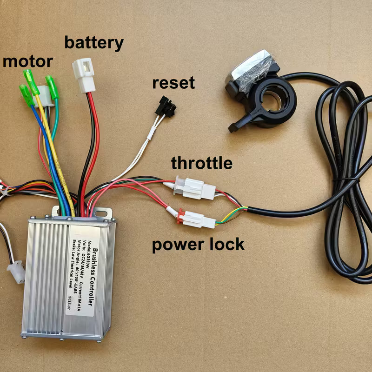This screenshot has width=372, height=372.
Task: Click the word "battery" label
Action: pyautogui.click(x=94, y=43)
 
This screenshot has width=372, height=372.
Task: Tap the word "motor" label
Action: pyautogui.click(x=28, y=61)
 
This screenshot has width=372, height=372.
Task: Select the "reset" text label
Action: pyautogui.click(x=173, y=84)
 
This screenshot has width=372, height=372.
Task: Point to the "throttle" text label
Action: pyautogui.click(x=201, y=163)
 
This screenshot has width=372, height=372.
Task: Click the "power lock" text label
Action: pyautogui.click(x=198, y=244)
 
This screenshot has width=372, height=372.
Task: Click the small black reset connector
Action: pyautogui.click(x=166, y=107)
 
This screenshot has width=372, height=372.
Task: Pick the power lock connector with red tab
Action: pyautogui.click(x=194, y=218)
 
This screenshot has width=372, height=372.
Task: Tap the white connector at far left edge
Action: pyautogui.click(x=15, y=271)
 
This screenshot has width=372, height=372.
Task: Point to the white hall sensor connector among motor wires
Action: pyautogui.click(x=44, y=95)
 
